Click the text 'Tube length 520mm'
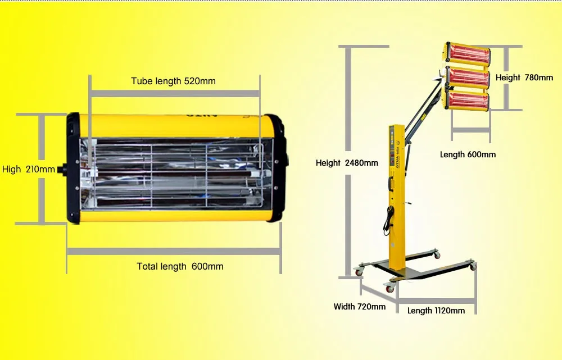click(x=173, y=81)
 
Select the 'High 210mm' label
click(x=29, y=169)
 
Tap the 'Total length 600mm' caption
click(x=180, y=266)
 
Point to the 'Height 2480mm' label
click(x=347, y=163)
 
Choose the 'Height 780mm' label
click(x=524, y=78)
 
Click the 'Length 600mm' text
click(x=468, y=154)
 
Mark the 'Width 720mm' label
click(x=360, y=307)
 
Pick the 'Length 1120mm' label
click(x=436, y=311)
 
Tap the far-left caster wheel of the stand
click(x=358, y=272)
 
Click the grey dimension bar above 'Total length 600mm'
click(x=174, y=252)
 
